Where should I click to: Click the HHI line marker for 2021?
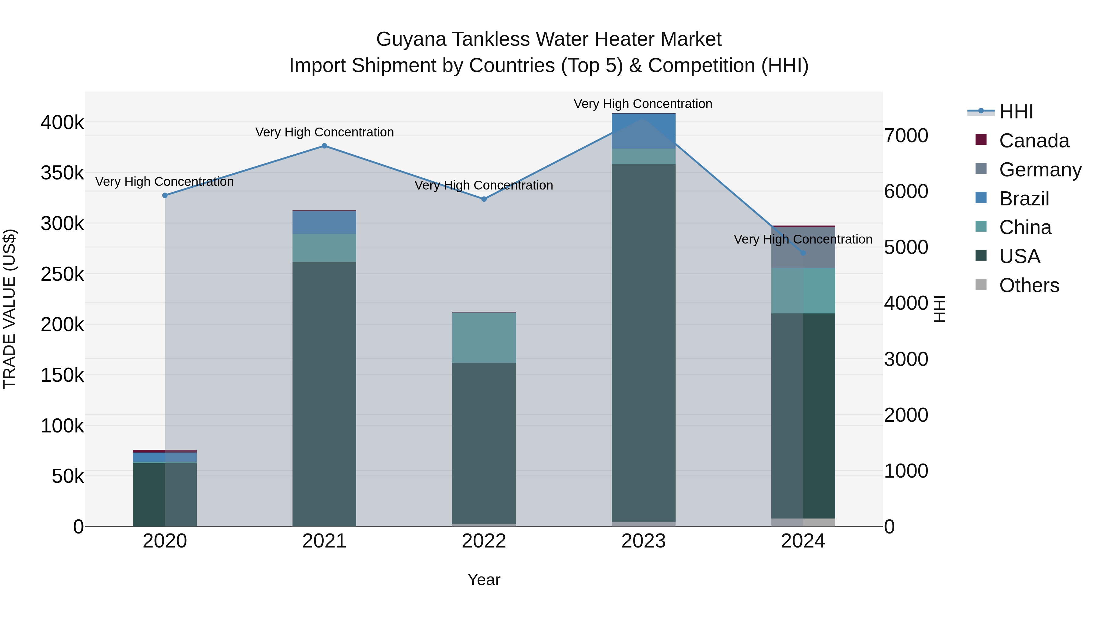pyautogui.click(x=325, y=146)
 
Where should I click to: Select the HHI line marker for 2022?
pyautogui.click(x=484, y=199)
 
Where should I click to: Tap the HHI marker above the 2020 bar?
pyautogui.click(x=165, y=195)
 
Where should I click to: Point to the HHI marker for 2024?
pyautogui.click(x=803, y=253)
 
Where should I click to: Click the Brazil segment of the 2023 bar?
pyautogui.click(x=644, y=131)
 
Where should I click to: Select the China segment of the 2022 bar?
pyautogui.click(x=484, y=338)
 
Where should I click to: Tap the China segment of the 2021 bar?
pyautogui.click(x=325, y=248)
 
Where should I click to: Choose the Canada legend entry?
pyautogui.click(x=1034, y=141)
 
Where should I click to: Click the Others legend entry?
pyautogui.click(x=1028, y=285)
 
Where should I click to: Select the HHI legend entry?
pyautogui.click(x=1016, y=112)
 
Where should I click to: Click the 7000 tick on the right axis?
pyautogui.click(x=906, y=136)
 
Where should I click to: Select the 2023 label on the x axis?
pyautogui.click(x=643, y=541)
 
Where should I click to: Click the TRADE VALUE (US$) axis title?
pyautogui.click(x=9, y=309)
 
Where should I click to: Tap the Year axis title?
pyautogui.click(x=484, y=580)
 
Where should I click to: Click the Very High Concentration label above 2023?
pyautogui.click(x=643, y=104)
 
